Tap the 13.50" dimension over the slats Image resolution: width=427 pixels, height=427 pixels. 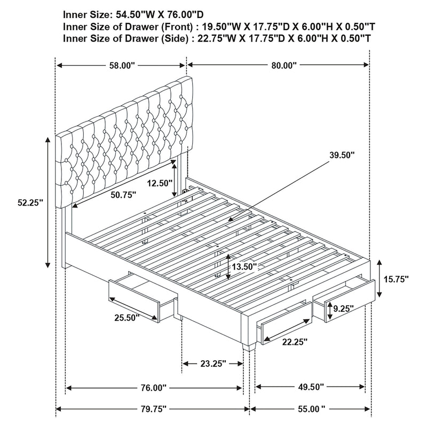point(244,266)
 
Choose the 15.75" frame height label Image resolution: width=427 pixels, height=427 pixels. point(396,279)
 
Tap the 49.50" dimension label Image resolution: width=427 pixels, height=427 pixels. point(311,386)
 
